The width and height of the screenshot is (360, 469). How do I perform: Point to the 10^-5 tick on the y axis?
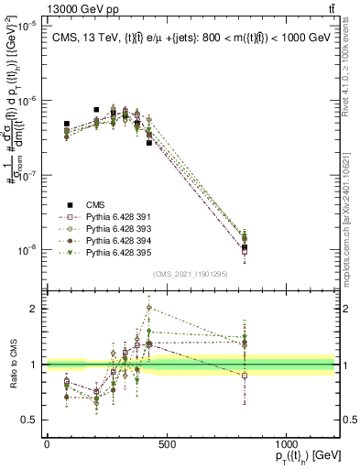click(25, 26)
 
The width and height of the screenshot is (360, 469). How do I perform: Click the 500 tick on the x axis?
click(167, 444)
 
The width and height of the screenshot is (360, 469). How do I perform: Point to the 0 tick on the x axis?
click(47, 444)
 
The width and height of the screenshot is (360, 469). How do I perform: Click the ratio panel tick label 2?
click(33, 309)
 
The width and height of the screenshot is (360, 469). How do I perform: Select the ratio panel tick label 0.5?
click(30, 420)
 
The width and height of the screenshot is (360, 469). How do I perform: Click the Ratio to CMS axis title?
click(11, 365)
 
